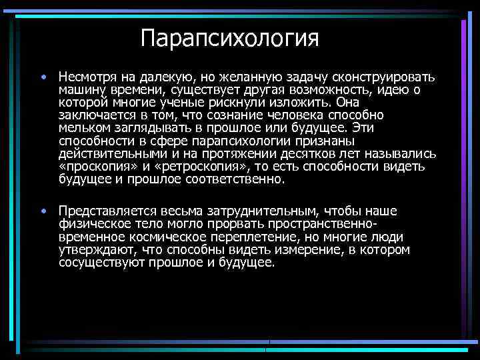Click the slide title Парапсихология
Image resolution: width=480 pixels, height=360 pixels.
click(x=230, y=37)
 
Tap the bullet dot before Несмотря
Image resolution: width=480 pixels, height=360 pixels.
click(x=42, y=77)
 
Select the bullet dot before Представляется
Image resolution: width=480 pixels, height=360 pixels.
click(x=42, y=212)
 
